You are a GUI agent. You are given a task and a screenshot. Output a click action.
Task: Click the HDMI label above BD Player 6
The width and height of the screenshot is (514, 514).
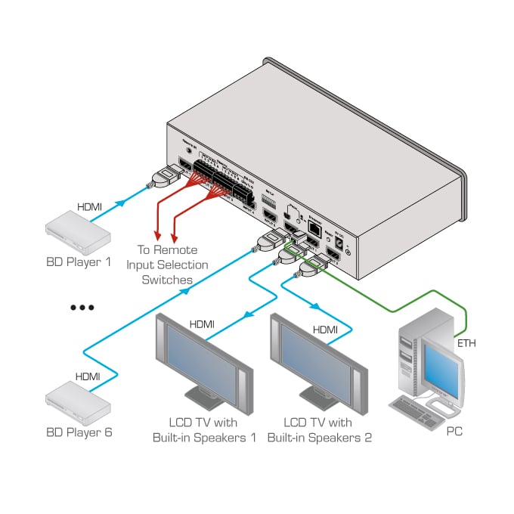pyautogui.click(x=88, y=376)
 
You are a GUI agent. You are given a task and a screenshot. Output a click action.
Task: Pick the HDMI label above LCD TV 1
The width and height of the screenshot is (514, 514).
pyautogui.click(x=202, y=324)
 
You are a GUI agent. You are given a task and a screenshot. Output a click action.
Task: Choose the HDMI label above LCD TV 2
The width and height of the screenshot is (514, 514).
pyautogui.click(x=325, y=330)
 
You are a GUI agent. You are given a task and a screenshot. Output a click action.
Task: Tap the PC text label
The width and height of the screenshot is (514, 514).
pyautogui.click(x=454, y=432)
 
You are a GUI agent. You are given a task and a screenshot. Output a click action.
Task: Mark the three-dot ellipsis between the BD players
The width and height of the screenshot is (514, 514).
pyautogui.click(x=81, y=308)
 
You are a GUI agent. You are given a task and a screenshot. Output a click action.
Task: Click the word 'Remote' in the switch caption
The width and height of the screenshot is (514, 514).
pyautogui.click(x=179, y=250)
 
